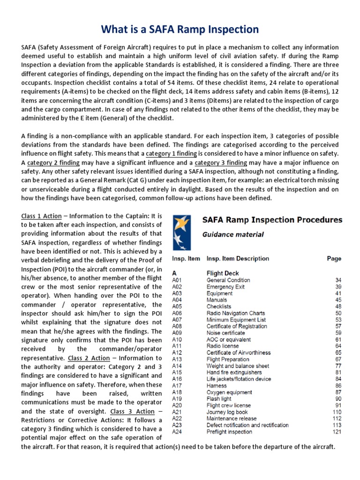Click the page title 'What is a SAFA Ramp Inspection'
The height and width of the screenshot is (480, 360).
coord(180,29)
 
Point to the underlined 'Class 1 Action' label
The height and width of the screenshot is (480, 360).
coord(42,216)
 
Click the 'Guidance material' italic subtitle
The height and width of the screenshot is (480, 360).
coord(232,234)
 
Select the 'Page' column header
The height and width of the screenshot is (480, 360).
coord(334,258)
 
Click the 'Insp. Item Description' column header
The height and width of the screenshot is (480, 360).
coord(238,258)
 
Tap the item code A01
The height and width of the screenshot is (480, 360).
coord(177,280)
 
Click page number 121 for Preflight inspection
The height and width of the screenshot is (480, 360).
coord(337,432)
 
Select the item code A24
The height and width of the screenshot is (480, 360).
coord(177,432)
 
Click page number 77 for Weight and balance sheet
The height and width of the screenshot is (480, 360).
coord(338,366)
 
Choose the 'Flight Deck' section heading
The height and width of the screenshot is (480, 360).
coord(222,273)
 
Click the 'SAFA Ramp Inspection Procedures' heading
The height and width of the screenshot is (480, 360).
coord(272,220)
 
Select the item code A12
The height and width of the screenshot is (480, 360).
coord(177,352)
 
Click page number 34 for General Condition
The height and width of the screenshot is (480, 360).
coord(338,280)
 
